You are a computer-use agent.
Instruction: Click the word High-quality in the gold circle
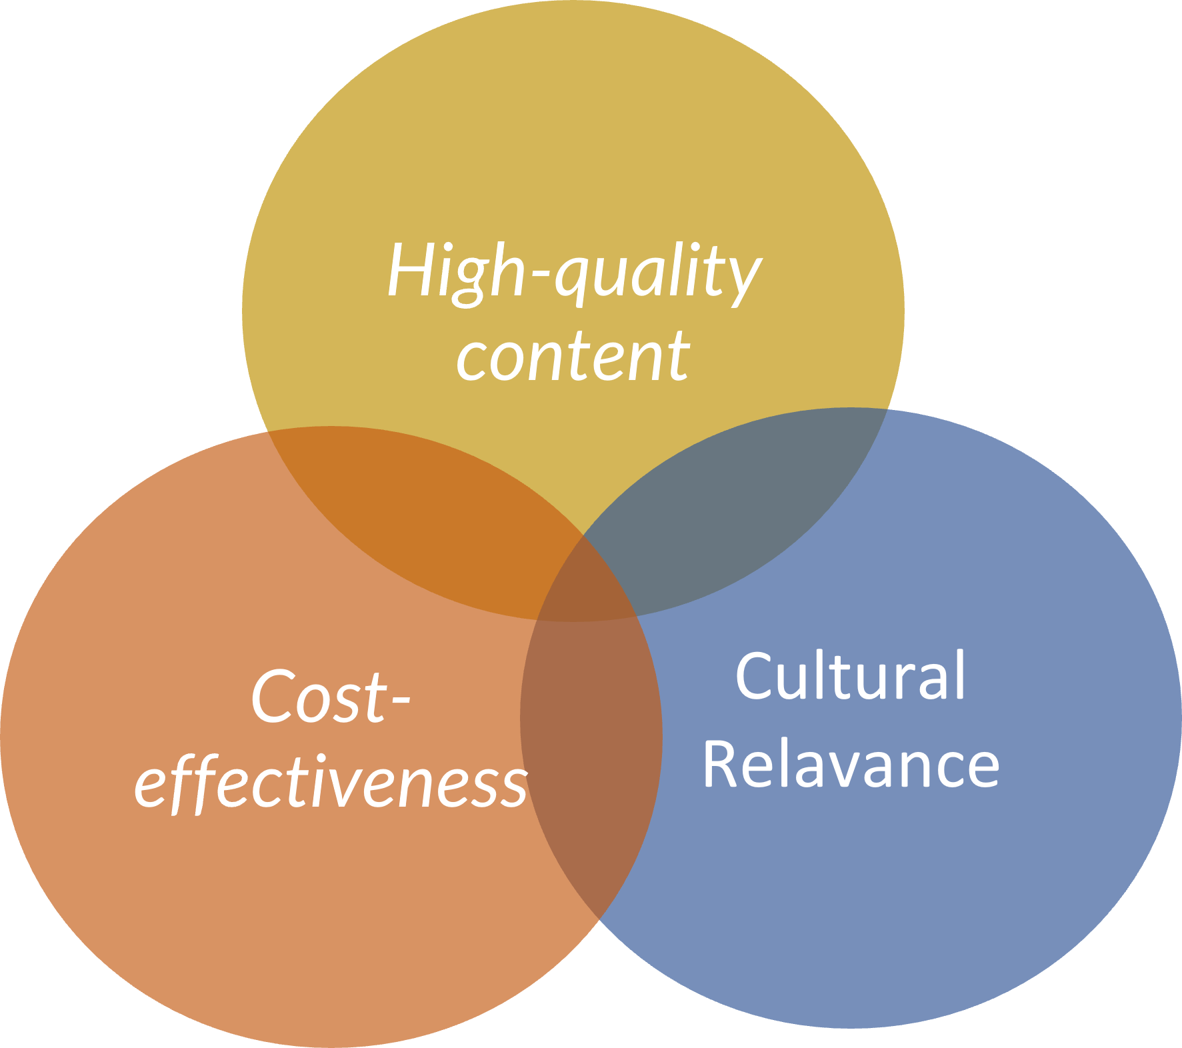pos(573,272)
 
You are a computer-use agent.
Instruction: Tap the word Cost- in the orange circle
pos(330,697)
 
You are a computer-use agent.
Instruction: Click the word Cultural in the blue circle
pos(850,677)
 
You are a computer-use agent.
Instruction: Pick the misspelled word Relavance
pos(850,765)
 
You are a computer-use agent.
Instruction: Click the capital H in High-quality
pos(409,270)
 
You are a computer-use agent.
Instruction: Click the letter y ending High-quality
pos(743,279)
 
